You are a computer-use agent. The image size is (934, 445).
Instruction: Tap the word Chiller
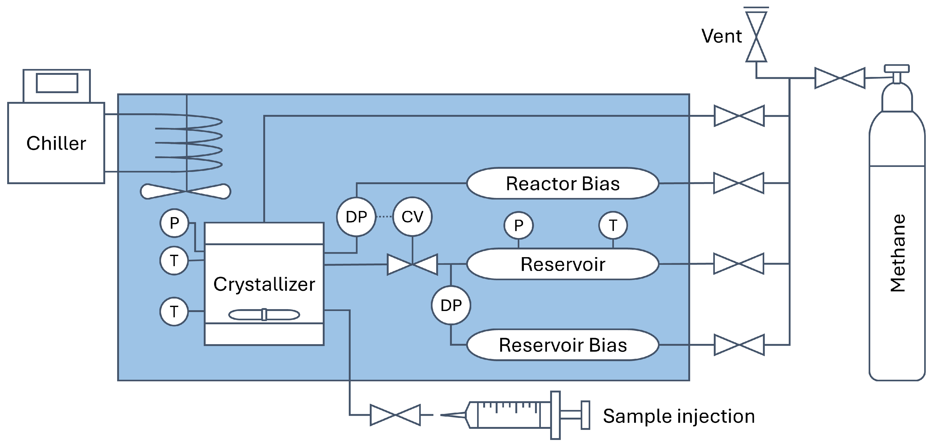click(56, 143)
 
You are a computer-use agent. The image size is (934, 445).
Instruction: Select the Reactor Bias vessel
click(562, 184)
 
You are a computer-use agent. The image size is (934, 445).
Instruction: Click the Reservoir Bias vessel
click(562, 345)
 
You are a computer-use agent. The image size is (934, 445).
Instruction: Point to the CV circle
click(412, 217)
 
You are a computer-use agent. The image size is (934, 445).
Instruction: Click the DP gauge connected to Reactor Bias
click(356, 217)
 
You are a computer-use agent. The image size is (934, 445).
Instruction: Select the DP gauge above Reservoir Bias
click(451, 305)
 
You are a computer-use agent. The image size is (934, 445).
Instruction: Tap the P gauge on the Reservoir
click(519, 225)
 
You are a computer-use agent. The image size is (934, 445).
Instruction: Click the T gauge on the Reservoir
click(613, 225)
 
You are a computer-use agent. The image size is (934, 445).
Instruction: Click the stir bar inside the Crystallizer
click(264, 315)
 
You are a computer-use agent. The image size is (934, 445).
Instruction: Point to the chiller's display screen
click(57, 83)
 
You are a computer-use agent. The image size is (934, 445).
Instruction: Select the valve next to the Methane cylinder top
click(840, 78)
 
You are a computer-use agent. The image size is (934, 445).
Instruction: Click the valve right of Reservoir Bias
click(739, 345)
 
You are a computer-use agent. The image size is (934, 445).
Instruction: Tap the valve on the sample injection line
click(395, 415)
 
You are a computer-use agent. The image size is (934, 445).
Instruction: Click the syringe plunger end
click(585, 415)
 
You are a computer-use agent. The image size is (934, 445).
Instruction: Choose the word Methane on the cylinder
click(898, 253)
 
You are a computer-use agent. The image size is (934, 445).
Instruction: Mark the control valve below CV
click(412, 265)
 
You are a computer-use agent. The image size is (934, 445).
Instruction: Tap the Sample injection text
click(678, 416)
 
